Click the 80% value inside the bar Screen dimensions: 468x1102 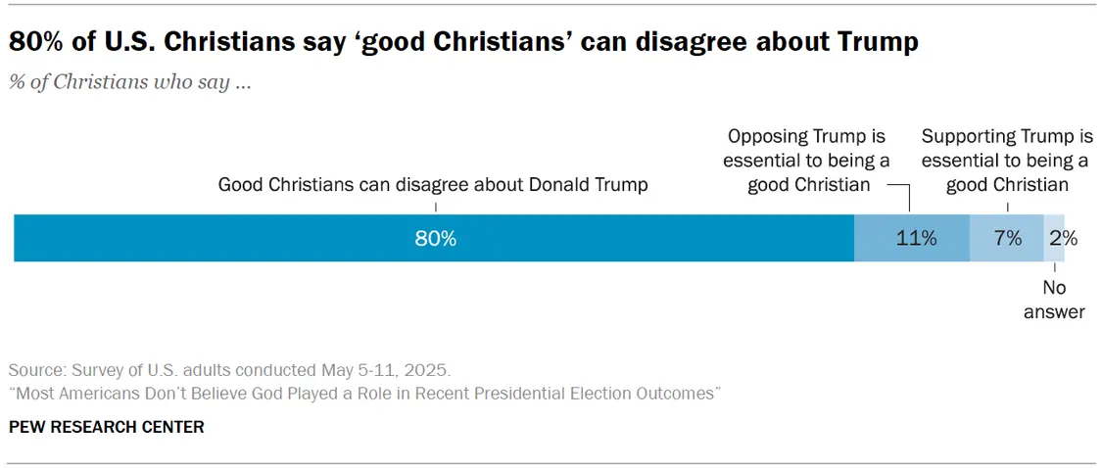click(x=435, y=238)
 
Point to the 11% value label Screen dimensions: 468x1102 click(x=916, y=238)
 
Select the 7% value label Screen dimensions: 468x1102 click(x=1007, y=238)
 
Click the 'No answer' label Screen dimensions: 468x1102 click(x=1054, y=300)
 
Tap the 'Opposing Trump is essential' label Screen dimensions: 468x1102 click(x=808, y=161)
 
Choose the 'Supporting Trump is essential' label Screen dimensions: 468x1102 click(x=1007, y=161)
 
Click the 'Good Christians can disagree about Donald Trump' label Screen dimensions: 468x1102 click(x=432, y=184)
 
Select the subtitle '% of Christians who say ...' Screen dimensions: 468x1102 click(x=130, y=82)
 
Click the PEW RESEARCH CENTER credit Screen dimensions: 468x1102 click(x=106, y=427)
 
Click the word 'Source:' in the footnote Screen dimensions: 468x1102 click(x=36, y=371)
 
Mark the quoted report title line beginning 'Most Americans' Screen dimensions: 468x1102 click(x=364, y=394)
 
